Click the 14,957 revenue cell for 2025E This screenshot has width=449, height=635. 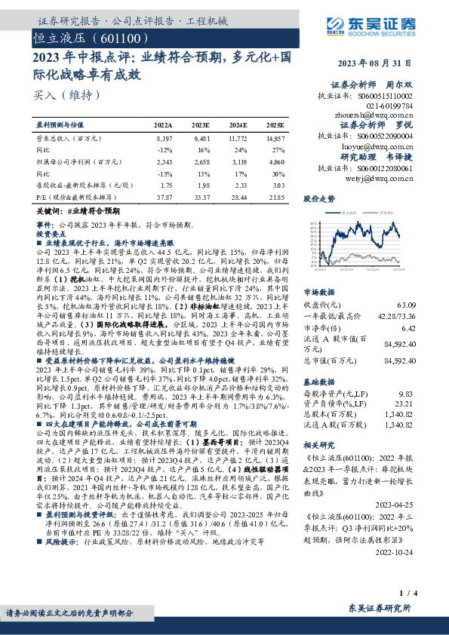point(275,139)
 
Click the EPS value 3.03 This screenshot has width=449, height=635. point(278,186)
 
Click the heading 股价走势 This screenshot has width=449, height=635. point(319,199)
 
